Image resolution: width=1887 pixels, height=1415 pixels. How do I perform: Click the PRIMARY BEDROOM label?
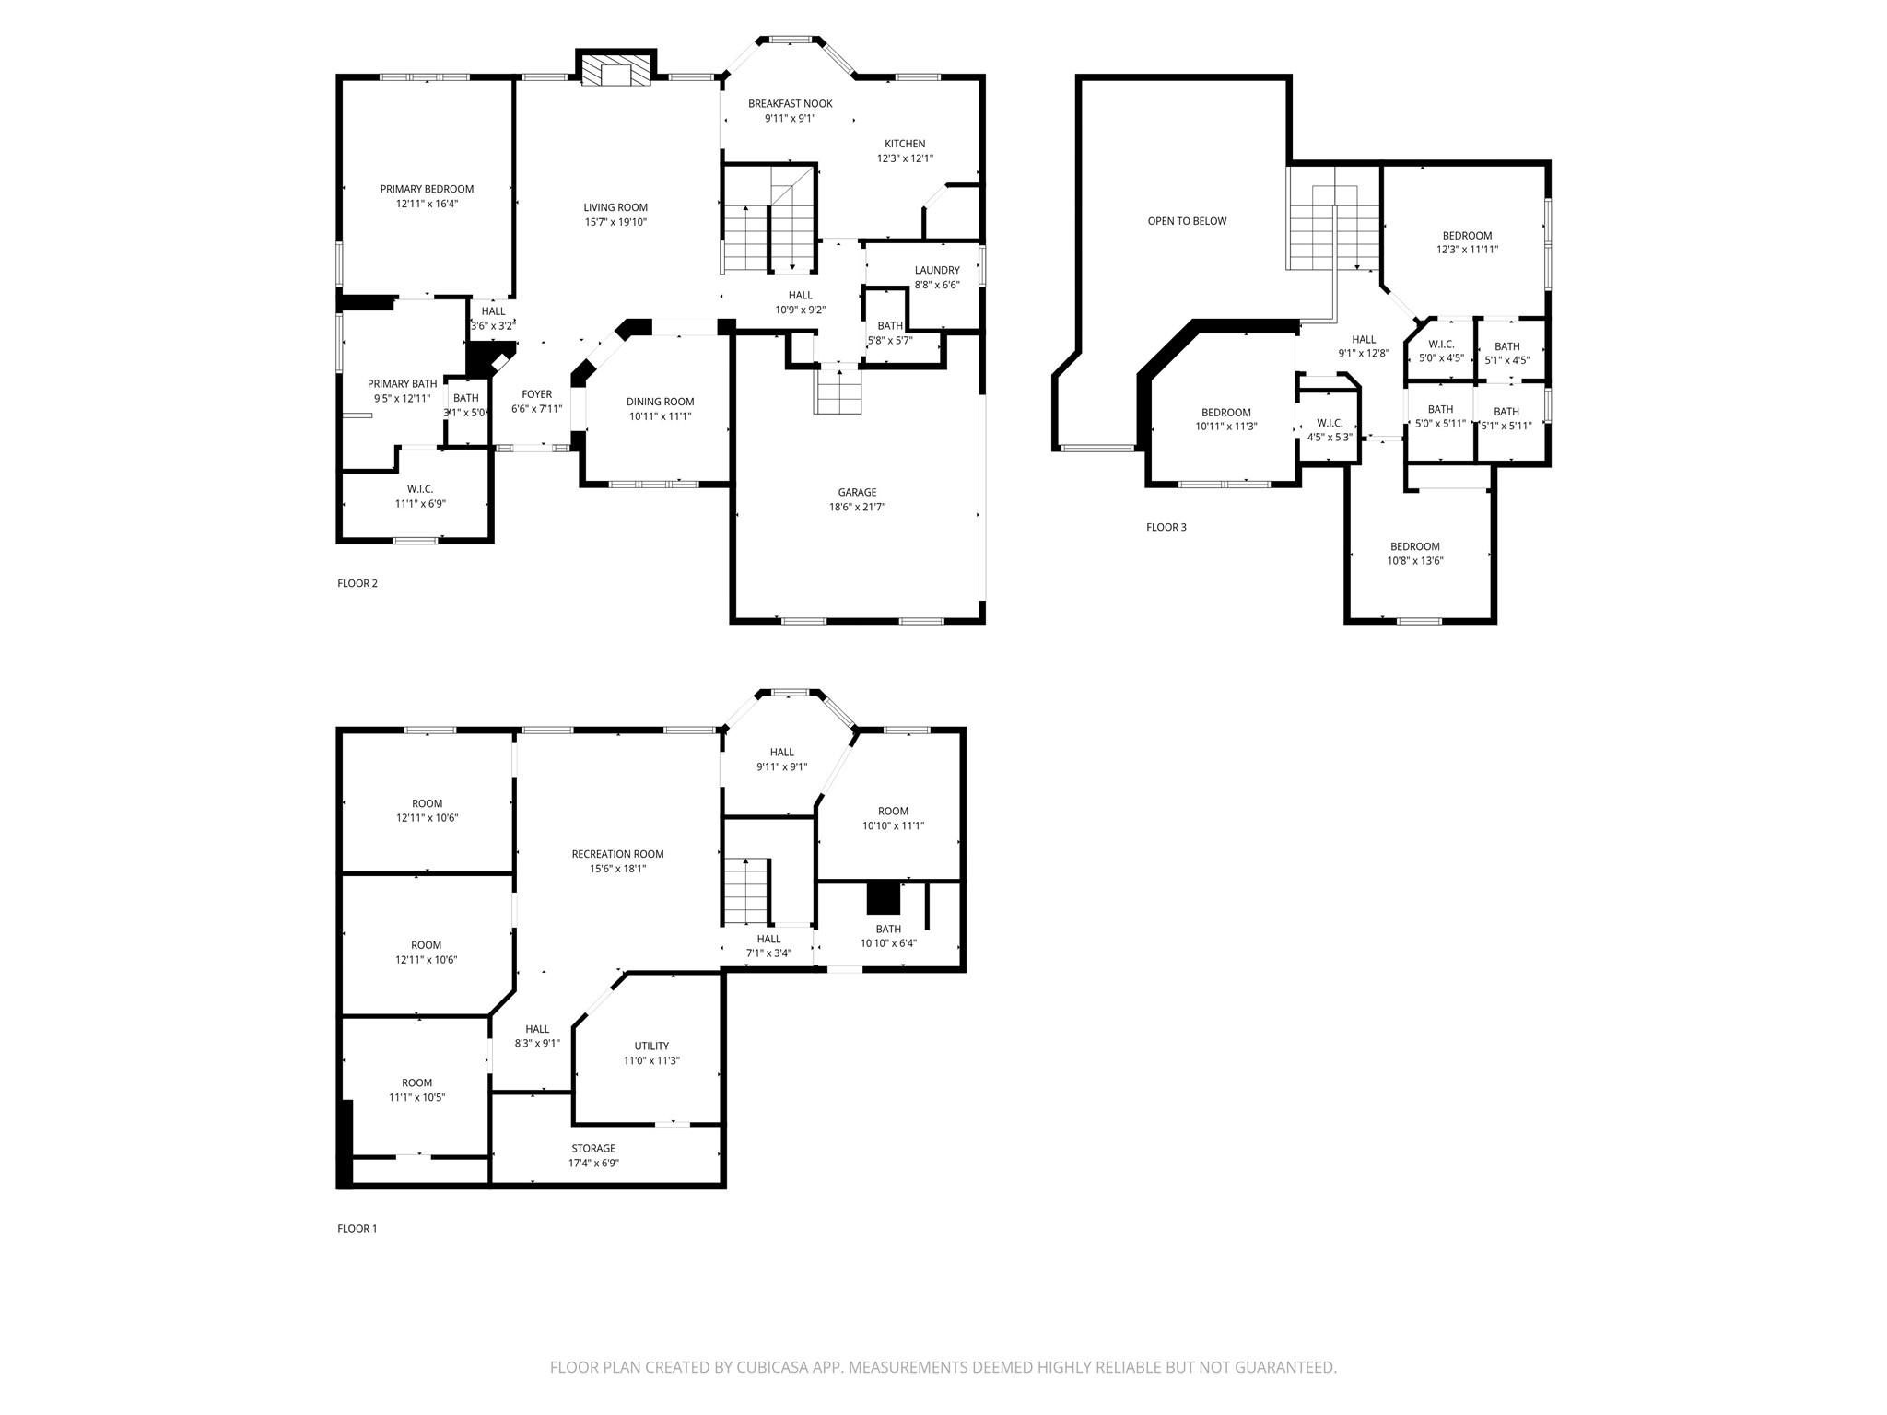point(427,189)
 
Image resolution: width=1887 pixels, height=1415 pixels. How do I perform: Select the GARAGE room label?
point(857,493)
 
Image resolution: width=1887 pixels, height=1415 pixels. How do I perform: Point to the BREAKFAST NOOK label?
point(790,104)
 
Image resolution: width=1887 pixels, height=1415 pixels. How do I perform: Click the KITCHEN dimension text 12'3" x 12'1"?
point(905,158)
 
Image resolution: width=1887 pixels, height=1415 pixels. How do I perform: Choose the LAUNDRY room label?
point(937,271)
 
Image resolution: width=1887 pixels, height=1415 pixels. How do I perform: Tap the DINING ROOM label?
point(660,402)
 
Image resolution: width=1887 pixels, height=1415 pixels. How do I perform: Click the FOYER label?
point(536,394)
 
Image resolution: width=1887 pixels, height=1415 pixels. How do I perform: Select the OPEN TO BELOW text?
point(1187,221)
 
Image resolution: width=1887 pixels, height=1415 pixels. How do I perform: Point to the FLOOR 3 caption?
point(1166,527)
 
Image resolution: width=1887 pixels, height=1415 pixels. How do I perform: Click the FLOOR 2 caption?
point(357,583)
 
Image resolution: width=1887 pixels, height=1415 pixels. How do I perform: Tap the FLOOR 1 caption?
point(357,1228)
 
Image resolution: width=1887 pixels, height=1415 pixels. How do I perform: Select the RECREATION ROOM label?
point(617,854)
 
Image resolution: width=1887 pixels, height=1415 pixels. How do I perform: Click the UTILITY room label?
point(651,1046)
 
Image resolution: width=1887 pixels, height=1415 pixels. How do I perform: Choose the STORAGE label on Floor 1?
point(593,1149)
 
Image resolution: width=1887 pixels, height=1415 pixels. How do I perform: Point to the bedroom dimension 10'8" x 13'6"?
point(1415,561)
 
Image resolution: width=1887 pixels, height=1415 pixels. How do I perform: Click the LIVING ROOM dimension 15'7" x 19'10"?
point(615,222)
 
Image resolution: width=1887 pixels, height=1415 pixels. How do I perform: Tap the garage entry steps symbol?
point(838,390)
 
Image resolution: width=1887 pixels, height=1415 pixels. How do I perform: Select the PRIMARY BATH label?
point(402,384)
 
